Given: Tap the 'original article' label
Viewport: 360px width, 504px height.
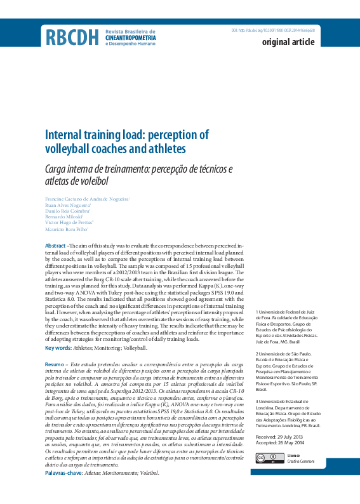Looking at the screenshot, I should point(288,43).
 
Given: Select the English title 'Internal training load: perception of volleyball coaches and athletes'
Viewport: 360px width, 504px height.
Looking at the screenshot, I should point(126,142).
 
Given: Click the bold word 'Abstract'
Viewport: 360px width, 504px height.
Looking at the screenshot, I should point(55,245).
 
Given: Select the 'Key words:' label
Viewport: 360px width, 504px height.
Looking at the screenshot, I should point(58,348).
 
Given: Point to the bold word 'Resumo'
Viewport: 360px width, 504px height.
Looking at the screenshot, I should point(54,364).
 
